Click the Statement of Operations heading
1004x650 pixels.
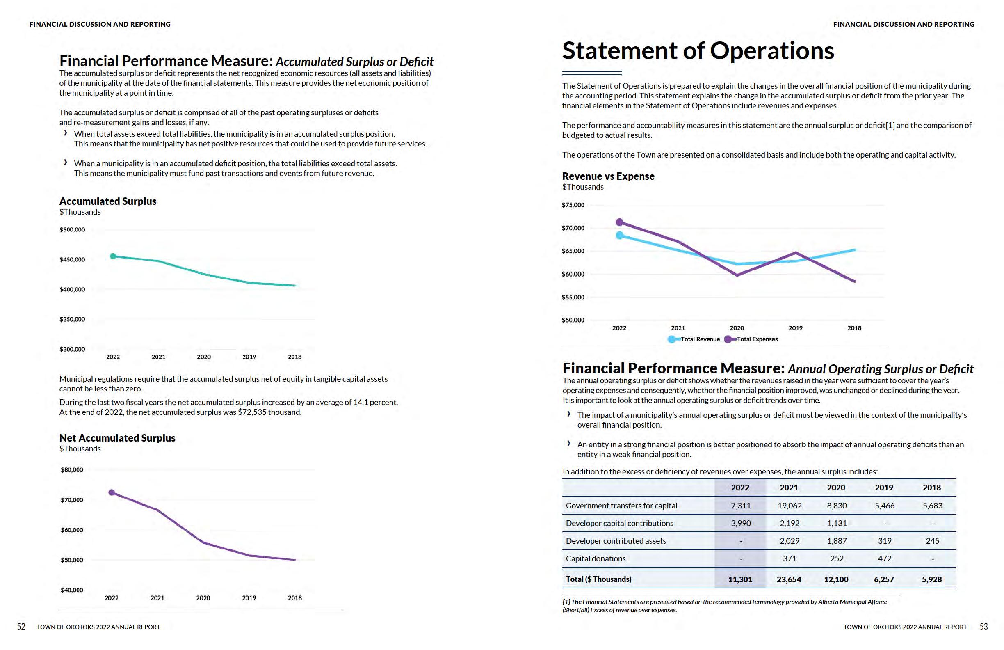point(698,51)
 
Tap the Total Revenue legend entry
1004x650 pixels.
point(699,339)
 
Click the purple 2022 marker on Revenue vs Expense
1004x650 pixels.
point(619,222)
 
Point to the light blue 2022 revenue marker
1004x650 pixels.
point(619,235)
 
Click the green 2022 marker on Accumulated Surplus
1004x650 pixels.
point(113,256)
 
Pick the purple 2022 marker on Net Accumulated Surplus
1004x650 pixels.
point(112,492)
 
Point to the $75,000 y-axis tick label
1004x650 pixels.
point(573,205)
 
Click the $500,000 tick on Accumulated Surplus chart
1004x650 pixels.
point(72,230)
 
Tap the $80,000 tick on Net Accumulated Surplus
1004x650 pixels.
point(72,470)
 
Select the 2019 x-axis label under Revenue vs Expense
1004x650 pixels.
point(795,328)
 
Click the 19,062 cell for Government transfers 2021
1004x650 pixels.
point(789,506)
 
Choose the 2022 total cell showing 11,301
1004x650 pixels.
point(740,579)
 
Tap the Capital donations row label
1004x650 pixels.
point(595,558)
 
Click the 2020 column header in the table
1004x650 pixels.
point(836,487)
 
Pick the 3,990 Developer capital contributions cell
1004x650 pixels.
point(740,523)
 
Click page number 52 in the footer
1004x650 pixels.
point(21,627)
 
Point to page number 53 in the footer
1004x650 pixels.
point(983,627)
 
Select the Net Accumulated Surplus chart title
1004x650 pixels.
point(117,438)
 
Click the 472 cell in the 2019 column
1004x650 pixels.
point(884,558)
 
